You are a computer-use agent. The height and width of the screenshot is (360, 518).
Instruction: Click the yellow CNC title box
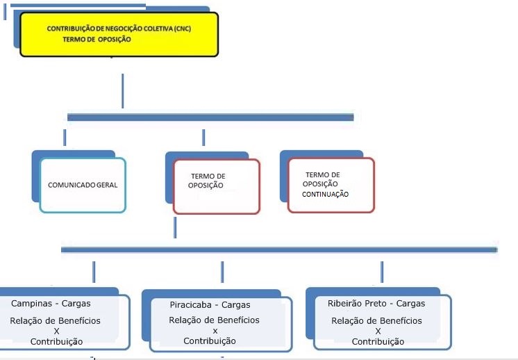click(x=119, y=34)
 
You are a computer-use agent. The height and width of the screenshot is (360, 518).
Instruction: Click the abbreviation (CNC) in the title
click(x=183, y=28)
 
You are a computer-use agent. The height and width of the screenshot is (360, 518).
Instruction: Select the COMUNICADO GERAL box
click(x=83, y=185)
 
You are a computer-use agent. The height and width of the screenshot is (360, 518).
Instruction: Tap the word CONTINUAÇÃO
click(x=325, y=195)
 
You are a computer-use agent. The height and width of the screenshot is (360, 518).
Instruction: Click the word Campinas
click(x=31, y=304)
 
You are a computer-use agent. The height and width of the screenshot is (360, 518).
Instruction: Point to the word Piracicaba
click(x=191, y=305)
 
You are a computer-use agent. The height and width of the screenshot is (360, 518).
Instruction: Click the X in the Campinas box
click(x=56, y=332)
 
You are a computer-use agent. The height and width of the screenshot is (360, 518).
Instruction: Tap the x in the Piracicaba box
click(x=215, y=331)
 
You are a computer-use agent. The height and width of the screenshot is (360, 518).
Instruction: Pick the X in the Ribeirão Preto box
click(x=378, y=331)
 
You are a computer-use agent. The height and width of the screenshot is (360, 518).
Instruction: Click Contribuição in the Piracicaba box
click(x=210, y=341)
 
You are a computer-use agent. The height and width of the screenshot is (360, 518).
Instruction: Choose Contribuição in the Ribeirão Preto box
click(x=378, y=342)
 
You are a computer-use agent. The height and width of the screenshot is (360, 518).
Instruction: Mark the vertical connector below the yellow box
click(x=123, y=91)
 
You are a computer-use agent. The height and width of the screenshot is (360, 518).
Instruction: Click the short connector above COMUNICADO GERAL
click(x=65, y=138)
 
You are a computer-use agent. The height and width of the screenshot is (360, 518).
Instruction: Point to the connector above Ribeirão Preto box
click(x=382, y=272)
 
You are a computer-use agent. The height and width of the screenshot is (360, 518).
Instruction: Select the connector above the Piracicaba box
click(x=222, y=272)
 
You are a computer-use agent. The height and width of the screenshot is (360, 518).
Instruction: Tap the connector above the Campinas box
click(x=94, y=272)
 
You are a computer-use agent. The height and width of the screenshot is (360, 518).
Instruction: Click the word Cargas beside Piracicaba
click(x=235, y=305)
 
